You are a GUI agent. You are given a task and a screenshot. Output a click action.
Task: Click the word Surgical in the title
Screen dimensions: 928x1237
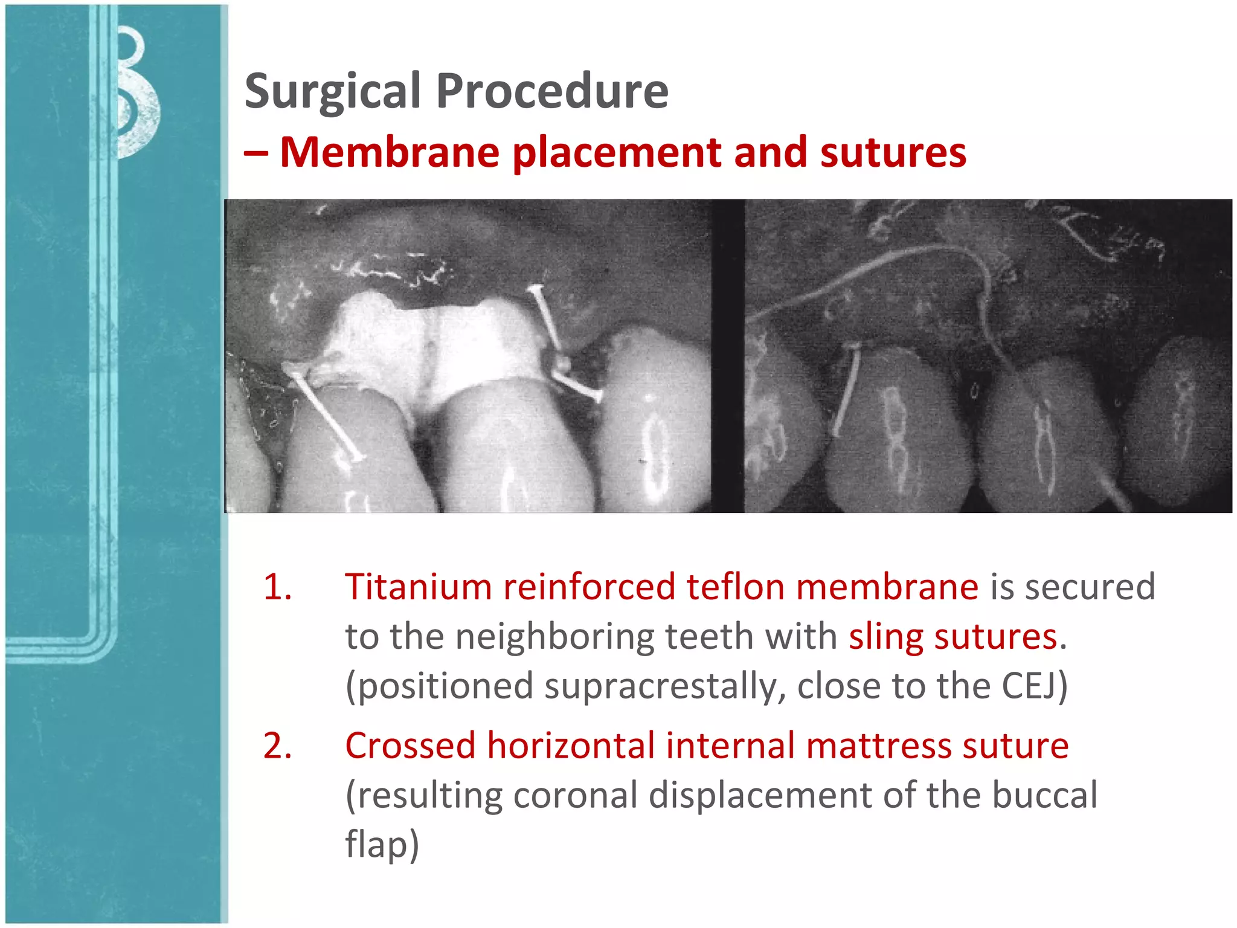coord(332,92)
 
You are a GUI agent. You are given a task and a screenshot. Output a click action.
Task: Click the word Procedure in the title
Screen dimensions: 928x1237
coord(552,92)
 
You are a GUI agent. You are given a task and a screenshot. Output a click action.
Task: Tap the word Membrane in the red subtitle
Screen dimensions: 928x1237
coord(390,152)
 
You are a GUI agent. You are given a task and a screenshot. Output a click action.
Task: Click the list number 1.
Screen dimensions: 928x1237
coord(277,587)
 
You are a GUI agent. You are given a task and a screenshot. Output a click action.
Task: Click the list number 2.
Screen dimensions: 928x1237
coord(277,746)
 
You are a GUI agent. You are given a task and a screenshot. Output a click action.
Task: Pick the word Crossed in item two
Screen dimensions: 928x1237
coord(410,746)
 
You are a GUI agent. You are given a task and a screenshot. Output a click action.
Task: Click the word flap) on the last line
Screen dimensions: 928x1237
coord(382,845)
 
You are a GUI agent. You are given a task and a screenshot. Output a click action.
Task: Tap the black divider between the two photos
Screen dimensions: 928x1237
coord(728,356)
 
